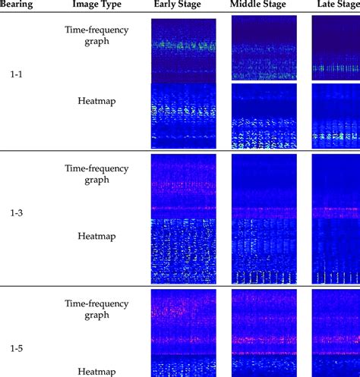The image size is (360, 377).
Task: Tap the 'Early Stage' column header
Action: (x=183, y=5)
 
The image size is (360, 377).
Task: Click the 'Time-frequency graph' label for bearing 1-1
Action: (x=98, y=36)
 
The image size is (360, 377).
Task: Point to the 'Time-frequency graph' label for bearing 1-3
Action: (x=98, y=174)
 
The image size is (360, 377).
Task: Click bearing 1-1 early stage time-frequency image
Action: (x=183, y=50)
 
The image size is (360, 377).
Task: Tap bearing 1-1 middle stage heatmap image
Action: (x=263, y=115)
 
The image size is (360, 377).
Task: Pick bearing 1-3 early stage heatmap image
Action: (x=183, y=250)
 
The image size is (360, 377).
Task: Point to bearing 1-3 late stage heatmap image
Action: (x=336, y=250)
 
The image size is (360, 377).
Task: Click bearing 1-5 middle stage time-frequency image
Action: (x=263, y=322)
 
